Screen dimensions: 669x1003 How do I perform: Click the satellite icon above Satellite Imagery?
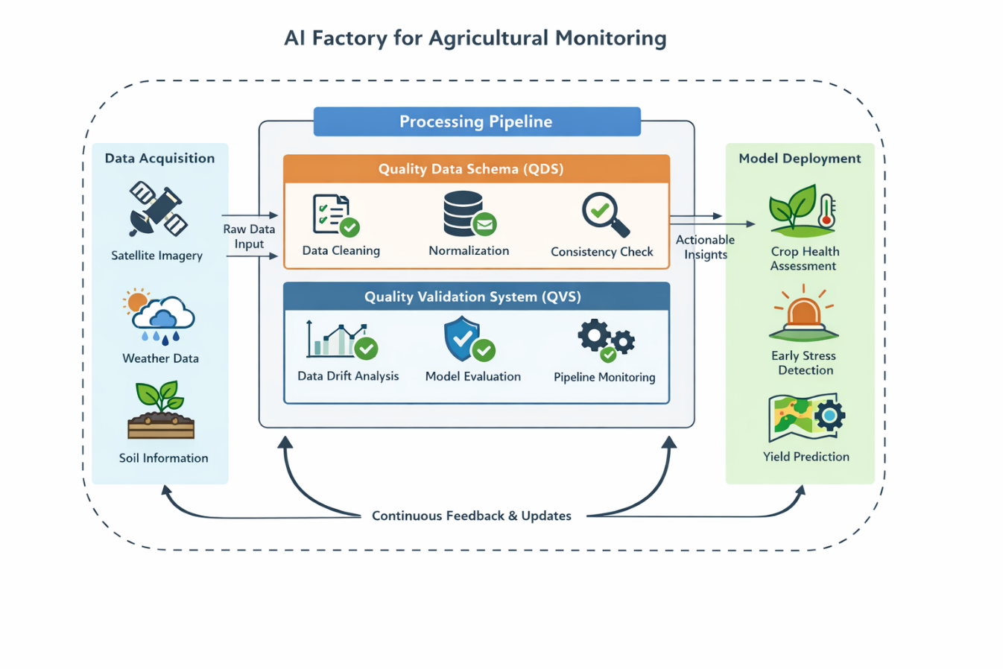point(158,209)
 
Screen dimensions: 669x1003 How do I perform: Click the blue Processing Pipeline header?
point(476,121)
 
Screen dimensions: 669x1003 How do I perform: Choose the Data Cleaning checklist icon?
point(335,215)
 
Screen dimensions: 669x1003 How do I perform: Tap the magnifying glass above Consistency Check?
point(604,214)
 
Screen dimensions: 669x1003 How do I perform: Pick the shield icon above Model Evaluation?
point(464,339)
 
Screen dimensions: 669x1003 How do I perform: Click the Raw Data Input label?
point(249,236)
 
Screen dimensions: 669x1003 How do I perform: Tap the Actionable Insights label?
point(705,247)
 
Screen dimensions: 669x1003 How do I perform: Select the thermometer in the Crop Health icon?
point(826,211)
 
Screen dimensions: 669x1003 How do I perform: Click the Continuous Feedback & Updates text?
point(471,516)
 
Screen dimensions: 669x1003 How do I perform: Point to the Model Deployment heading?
point(800,158)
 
